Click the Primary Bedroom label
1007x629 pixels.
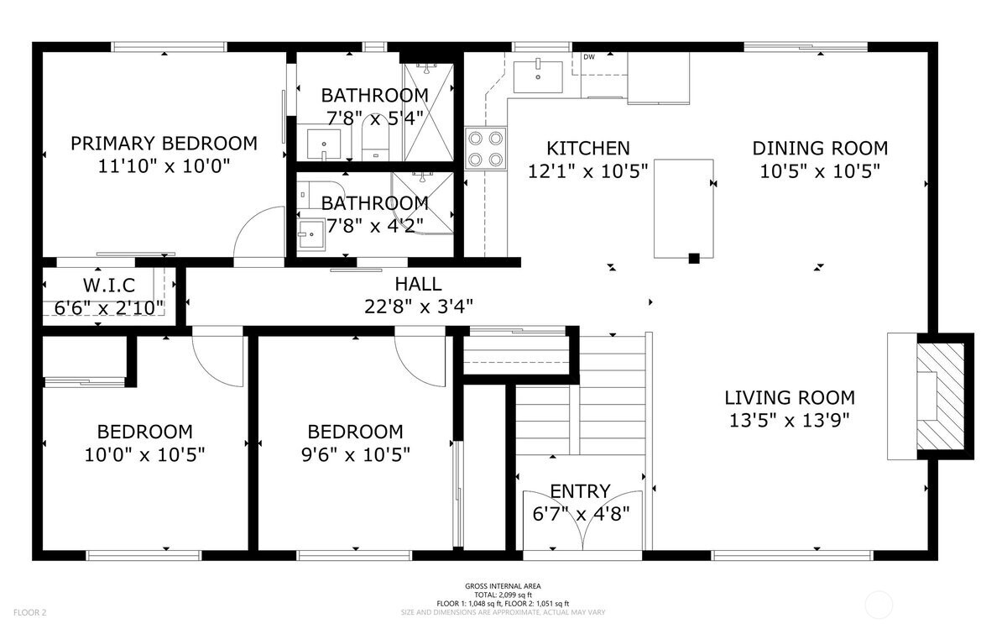164,144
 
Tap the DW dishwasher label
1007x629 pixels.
589,57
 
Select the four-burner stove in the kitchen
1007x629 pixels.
486,149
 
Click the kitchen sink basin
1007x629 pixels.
538,77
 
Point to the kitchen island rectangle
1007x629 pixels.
684,209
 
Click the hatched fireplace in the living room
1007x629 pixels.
941,396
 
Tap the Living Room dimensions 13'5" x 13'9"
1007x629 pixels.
790,421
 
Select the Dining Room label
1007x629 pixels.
820,149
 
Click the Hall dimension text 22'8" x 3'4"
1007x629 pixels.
419,307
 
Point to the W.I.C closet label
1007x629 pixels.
109,286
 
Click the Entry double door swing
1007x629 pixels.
582,521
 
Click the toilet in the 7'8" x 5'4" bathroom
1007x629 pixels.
375,138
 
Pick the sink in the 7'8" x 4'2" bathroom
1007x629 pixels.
310,234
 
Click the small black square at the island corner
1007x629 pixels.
694,259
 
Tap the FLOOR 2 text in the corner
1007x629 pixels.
29,612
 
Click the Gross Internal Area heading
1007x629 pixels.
503,586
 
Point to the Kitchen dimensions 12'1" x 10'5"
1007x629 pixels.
587,171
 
